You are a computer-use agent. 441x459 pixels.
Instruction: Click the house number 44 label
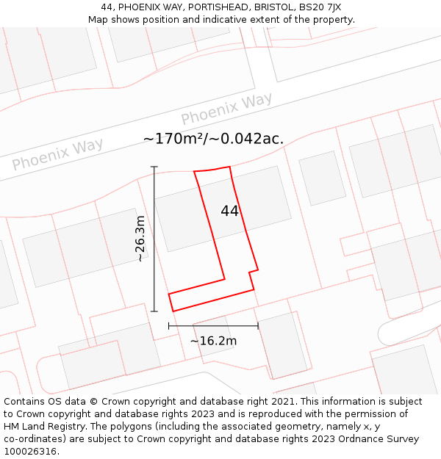tap(229, 212)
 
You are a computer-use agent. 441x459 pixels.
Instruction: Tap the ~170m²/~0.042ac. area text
tap(213, 139)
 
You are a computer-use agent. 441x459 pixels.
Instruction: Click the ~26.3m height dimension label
tap(140, 239)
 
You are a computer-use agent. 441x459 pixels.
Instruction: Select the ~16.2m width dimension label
tap(213, 341)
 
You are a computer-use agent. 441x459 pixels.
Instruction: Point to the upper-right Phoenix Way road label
tap(226, 109)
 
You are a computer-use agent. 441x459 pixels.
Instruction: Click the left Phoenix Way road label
tap(57, 154)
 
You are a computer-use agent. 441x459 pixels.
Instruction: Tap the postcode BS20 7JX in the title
tap(320, 7)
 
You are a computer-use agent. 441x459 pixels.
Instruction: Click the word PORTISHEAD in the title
tap(201, 7)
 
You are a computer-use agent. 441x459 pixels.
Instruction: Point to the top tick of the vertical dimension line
tap(154, 167)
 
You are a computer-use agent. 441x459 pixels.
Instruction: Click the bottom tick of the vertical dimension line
tap(154, 311)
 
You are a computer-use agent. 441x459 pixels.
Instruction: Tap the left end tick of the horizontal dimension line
tap(169, 325)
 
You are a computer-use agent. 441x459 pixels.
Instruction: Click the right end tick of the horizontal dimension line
tap(258, 325)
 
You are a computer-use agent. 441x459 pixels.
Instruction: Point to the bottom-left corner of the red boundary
tap(172, 311)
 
